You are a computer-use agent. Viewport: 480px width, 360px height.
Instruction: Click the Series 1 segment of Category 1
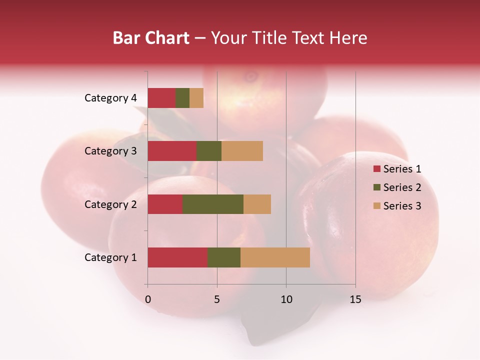point(177,257)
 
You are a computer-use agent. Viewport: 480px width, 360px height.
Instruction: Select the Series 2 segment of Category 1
point(224,257)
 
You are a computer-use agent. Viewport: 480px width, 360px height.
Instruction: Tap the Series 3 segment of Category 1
point(275,257)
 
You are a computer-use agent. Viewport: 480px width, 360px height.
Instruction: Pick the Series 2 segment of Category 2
point(213,204)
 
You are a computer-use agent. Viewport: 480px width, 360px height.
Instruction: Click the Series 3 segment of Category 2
point(257,204)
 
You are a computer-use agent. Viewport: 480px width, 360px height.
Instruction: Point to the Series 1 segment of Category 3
point(172,151)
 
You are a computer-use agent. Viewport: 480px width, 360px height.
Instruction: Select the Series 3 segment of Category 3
point(242,151)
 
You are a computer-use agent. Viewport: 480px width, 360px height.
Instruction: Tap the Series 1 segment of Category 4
point(161,98)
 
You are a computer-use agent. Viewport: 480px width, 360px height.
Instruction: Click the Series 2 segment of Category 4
point(182,98)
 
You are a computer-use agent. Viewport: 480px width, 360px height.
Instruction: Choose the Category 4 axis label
point(110,98)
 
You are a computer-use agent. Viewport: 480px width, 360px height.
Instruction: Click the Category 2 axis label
point(110,204)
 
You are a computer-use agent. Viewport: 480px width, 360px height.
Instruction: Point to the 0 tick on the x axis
point(148,299)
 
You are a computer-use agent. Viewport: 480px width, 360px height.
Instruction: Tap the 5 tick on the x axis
point(217,299)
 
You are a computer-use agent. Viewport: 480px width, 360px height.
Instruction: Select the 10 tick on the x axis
point(286,299)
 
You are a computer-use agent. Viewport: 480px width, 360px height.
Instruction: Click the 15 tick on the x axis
point(355,299)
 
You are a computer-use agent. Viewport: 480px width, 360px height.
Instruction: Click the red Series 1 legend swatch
point(376,169)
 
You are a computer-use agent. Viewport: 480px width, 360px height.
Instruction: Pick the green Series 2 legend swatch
point(376,187)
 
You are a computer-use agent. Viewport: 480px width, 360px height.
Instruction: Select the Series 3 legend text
point(402,206)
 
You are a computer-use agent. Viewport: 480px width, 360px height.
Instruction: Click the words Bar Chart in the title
point(151,38)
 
